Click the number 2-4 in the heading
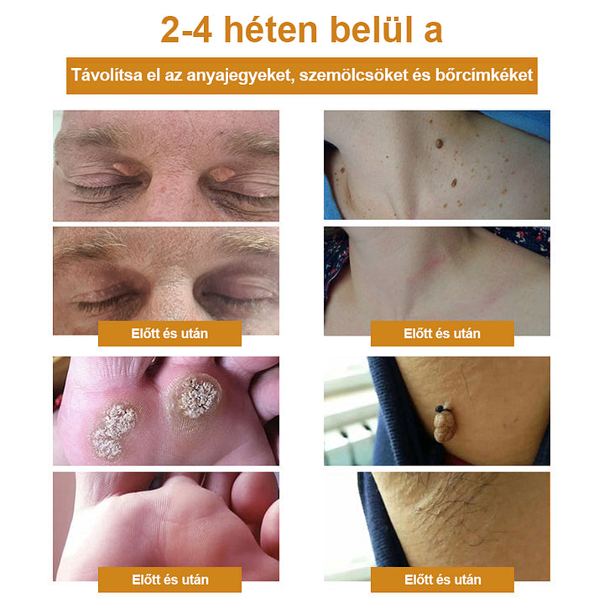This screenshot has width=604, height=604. point(186,30)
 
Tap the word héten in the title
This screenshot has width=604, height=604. point(271,29)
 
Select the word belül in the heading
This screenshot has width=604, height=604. point(372,29)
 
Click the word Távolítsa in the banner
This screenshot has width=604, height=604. point(107,75)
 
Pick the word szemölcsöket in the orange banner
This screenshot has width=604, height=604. point(353,75)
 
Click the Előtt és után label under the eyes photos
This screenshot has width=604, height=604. point(169,333)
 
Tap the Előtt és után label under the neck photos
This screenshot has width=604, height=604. point(442,333)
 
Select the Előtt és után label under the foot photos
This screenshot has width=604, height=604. point(169,580)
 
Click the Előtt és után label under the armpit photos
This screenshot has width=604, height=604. point(443,580)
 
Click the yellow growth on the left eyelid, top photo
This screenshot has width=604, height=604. point(125,169)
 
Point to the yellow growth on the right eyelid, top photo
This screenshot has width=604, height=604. point(222,174)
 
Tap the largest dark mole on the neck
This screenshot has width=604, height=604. point(439,143)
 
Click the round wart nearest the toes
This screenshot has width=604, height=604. point(195,397)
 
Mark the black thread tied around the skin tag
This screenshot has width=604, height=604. point(442,408)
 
